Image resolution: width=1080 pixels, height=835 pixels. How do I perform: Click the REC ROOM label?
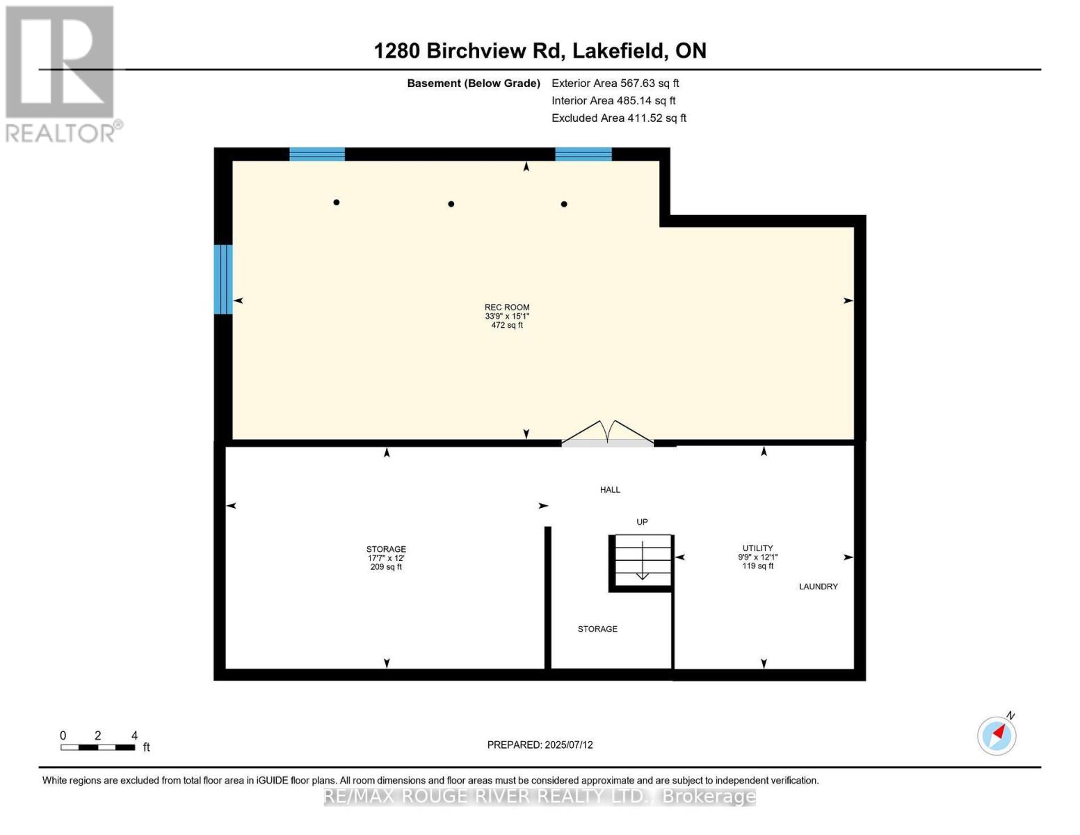tap(507, 308)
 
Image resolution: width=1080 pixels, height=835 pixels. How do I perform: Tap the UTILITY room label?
tap(757, 548)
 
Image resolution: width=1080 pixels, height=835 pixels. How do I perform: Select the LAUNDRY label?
tap(818, 587)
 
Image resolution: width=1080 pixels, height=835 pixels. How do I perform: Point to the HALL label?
tap(610, 490)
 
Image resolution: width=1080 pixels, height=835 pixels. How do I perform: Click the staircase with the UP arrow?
tap(642, 562)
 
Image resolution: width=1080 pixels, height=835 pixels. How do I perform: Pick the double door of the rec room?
tap(608, 434)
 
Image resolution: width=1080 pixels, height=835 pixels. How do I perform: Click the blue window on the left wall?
tap(223, 279)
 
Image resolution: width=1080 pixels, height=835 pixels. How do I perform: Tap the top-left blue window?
tap(317, 154)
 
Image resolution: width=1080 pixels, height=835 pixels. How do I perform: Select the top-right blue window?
tap(583, 154)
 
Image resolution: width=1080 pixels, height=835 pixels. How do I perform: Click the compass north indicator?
tap(997, 735)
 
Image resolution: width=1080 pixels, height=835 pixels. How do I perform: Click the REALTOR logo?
tap(61, 73)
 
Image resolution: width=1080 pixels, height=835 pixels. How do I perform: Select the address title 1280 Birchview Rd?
tap(540, 51)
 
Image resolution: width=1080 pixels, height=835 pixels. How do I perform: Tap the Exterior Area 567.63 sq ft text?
tap(615, 83)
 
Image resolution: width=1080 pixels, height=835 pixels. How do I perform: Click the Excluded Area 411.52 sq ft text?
tap(618, 118)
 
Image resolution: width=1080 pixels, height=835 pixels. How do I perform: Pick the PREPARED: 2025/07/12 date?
tap(540, 745)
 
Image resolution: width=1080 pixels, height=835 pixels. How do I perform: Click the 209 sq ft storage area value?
tap(386, 567)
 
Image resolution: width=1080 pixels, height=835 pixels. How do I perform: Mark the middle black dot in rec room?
tap(451, 204)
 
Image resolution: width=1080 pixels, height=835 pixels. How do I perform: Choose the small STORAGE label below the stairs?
tap(597, 629)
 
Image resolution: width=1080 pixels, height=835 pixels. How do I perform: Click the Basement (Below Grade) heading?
tap(473, 83)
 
